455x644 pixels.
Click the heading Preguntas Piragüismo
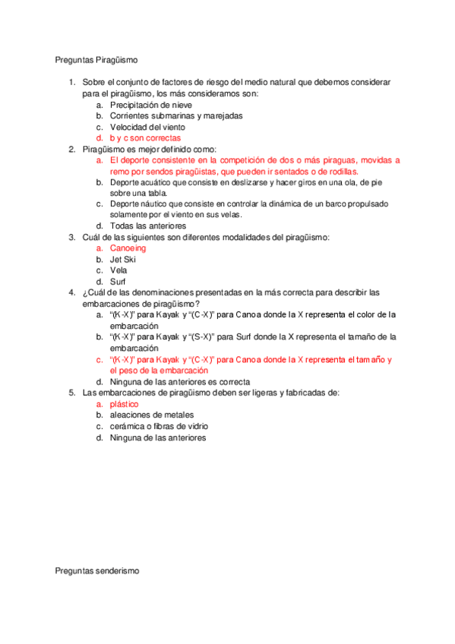click(x=96, y=59)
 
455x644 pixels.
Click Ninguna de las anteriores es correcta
click(x=180, y=381)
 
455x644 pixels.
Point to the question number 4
click(x=71, y=292)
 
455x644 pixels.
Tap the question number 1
click(x=71, y=83)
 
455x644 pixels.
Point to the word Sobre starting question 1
click(x=93, y=83)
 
